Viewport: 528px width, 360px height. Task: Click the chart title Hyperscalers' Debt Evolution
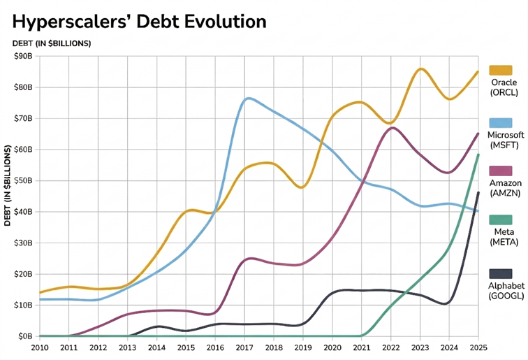pos(140,21)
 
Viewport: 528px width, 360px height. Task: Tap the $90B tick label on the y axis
pos(23,57)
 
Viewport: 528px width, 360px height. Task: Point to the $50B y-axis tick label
pos(23,180)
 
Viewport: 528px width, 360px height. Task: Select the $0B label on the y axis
pos(26,336)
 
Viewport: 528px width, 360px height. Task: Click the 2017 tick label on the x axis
pos(244,347)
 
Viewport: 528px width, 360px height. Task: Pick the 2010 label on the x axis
pos(40,347)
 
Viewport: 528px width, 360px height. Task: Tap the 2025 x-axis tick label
pos(478,347)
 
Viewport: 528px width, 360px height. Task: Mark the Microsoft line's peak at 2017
pos(248,99)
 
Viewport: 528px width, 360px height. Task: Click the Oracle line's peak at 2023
pos(420,69)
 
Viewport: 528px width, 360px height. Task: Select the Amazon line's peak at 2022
pos(392,127)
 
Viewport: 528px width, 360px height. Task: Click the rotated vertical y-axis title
pos(8,186)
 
